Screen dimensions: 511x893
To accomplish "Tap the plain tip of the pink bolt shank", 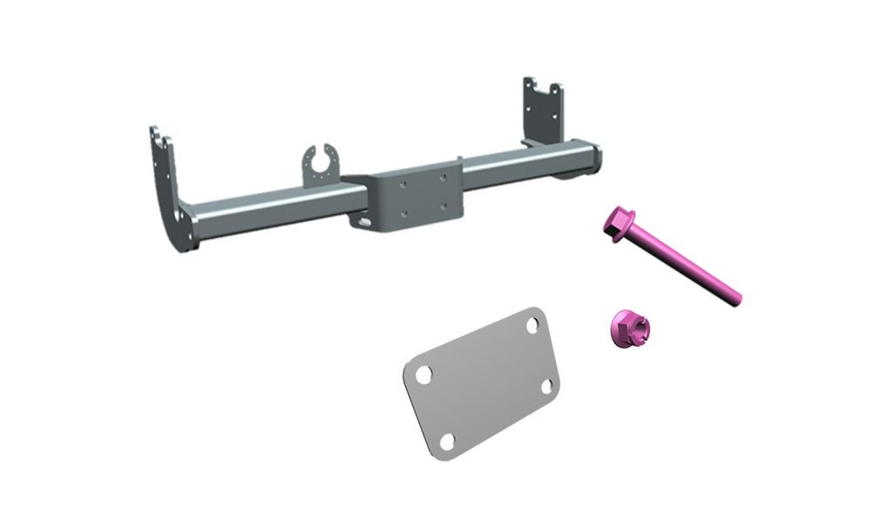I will point(737,300).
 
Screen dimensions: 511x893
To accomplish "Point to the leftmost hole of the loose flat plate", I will point(423,374).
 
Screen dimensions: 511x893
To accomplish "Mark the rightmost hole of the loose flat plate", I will point(548,385).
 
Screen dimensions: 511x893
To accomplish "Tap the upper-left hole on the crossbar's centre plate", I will point(403,184).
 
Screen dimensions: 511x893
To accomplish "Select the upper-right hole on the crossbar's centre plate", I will point(443,177).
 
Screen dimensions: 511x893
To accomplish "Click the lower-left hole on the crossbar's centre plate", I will point(403,213).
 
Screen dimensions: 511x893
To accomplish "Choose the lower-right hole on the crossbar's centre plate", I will point(443,206).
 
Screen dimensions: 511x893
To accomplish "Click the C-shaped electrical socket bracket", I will point(321,165).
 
